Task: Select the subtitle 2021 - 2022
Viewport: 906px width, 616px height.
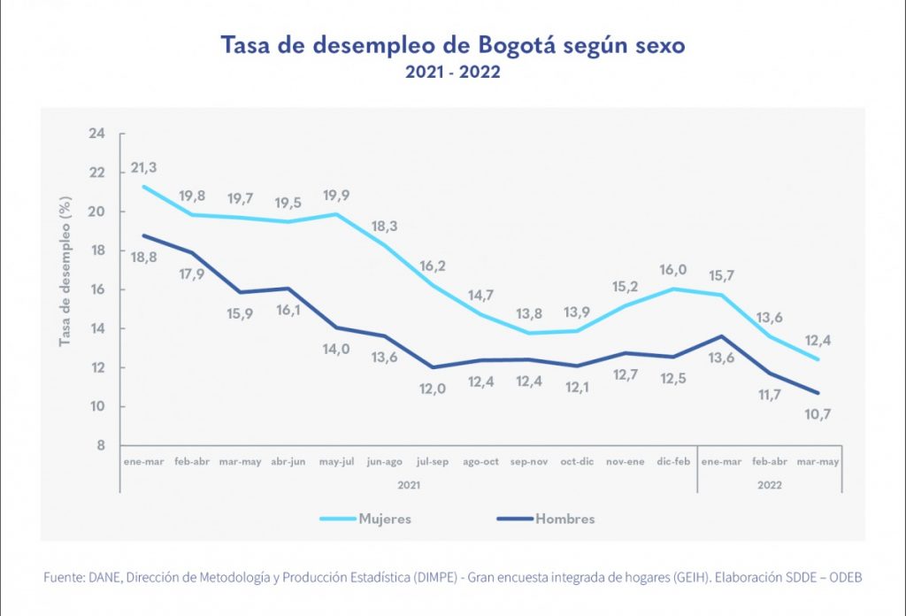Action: [452, 73]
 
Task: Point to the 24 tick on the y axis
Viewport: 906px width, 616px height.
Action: [96, 134]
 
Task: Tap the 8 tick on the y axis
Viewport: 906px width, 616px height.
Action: [100, 445]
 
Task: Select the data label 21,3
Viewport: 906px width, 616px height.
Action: [145, 167]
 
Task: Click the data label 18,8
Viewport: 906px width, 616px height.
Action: [145, 257]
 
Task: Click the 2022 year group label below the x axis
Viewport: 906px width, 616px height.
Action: [769, 484]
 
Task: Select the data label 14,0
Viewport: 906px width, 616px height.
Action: [335, 349]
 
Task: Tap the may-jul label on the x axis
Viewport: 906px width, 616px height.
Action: [335, 462]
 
